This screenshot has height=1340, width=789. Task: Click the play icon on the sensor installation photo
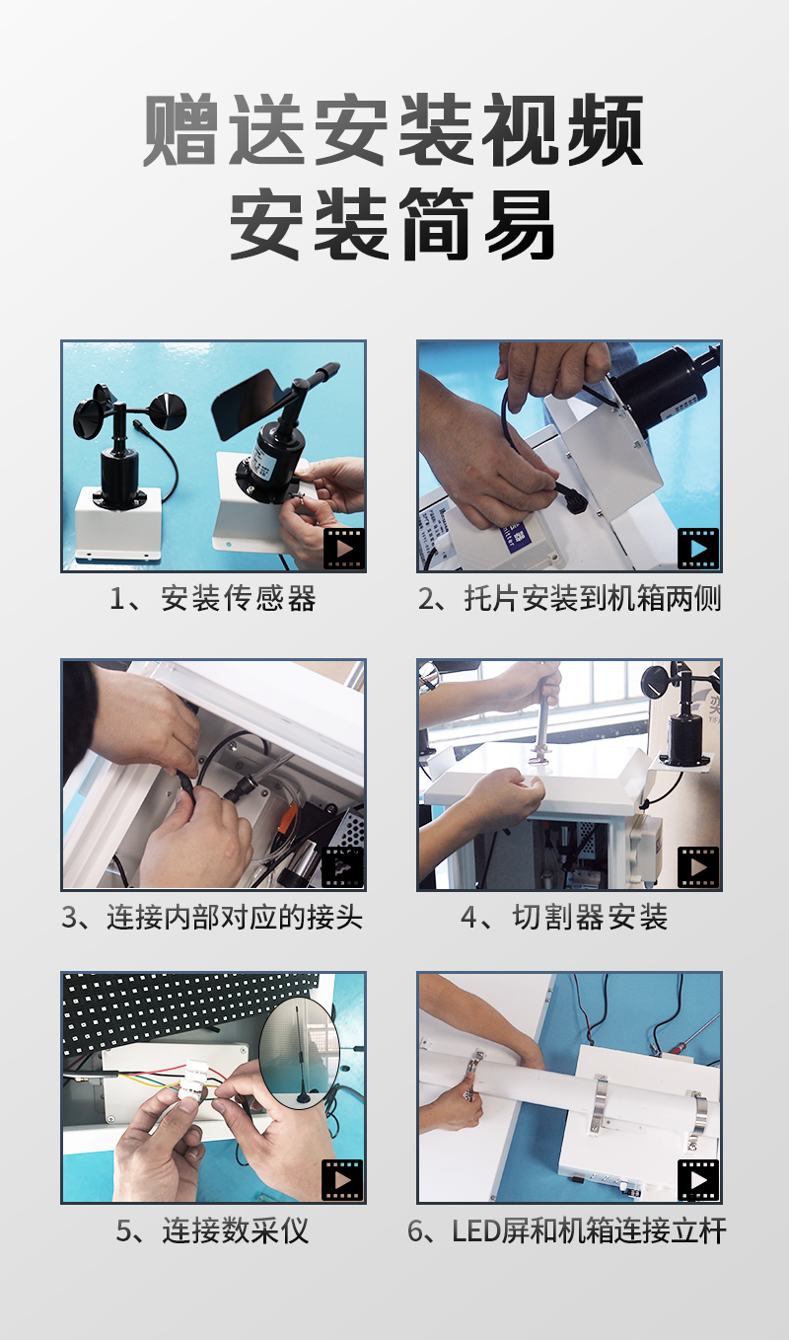(343, 548)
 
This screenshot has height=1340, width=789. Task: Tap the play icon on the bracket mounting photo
(698, 548)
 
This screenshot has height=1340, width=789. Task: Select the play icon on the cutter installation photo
(698, 866)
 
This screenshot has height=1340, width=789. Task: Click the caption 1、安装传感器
(213, 598)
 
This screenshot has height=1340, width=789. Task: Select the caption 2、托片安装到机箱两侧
(570, 598)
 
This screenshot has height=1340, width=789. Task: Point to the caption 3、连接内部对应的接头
(212, 917)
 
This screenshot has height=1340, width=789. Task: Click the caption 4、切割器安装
(564, 917)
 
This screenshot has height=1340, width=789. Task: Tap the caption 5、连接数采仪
(212, 1230)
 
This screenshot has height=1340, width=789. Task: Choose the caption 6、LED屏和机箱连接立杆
(567, 1230)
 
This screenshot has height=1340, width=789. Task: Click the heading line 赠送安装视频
(394, 130)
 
